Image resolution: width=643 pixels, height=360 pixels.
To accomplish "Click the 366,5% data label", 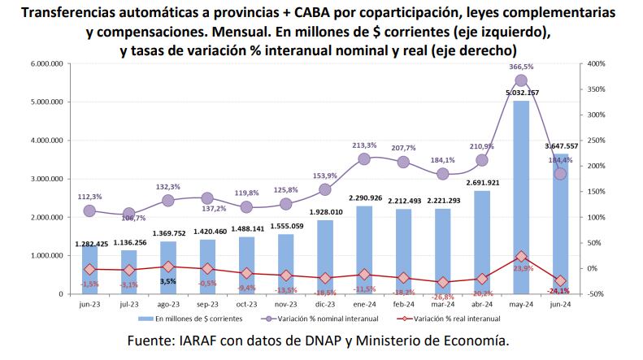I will point(520,67).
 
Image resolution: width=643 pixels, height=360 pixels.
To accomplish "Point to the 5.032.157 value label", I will point(522,93).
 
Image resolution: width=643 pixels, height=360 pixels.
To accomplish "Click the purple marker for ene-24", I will point(364,159).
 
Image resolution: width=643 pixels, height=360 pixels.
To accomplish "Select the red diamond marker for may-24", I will point(521,256).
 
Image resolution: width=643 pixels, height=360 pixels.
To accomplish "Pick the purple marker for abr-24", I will point(482,160).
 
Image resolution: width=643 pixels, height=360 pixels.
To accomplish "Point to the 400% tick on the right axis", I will point(594,63).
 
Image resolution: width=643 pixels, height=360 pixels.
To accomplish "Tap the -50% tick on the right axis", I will point(594,294).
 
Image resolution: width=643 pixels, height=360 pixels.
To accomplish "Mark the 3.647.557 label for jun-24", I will point(560,146).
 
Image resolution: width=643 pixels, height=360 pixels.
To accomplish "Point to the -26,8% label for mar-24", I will point(443,297).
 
